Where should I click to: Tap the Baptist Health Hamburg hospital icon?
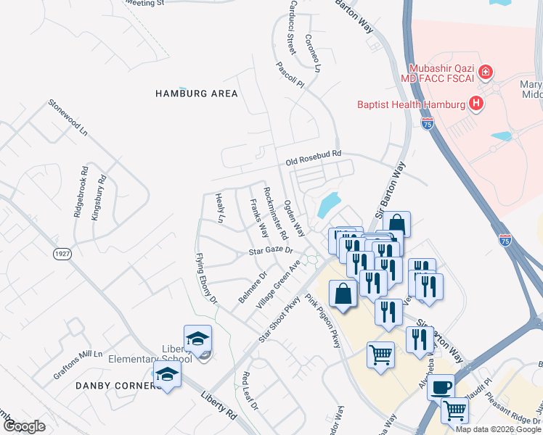coord(476,104)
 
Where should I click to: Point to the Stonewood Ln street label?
coord(68,117)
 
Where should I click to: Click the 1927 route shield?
coord(63,254)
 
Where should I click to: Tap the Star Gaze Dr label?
coord(270,251)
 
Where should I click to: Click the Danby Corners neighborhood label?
coord(118,386)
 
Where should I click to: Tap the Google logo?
coord(23,426)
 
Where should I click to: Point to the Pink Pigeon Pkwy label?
coord(323,320)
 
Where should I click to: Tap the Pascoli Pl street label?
coord(289,74)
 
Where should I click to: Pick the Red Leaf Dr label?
coord(250,391)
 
